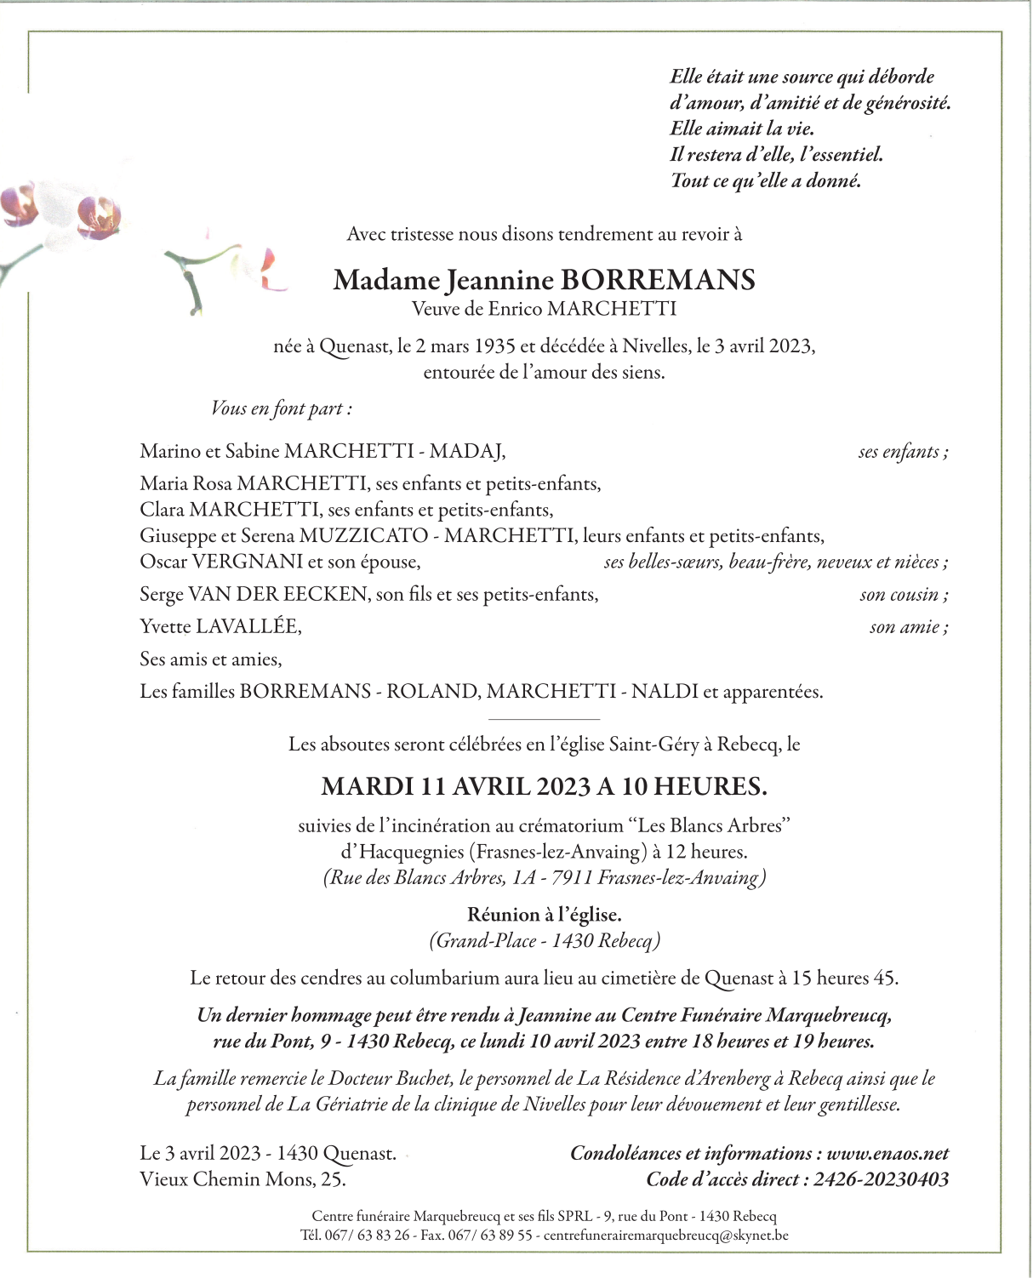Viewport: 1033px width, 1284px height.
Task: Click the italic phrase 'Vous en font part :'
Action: point(282,408)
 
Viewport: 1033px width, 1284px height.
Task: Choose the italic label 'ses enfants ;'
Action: point(903,452)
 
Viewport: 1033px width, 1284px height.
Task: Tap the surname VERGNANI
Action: point(248,562)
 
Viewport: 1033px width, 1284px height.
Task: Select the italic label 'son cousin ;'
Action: point(904,595)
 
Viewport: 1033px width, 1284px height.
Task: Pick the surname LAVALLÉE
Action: point(248,627)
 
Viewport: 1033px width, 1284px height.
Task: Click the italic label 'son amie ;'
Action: point(908,627)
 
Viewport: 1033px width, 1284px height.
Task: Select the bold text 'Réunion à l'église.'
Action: point(545,915)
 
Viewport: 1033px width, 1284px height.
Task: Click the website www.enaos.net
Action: point(887,1154)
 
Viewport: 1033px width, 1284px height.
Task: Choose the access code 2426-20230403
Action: point(881,1179)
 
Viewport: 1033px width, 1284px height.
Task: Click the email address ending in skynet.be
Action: point(665,1235)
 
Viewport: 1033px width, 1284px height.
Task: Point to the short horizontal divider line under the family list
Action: point(545,720)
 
